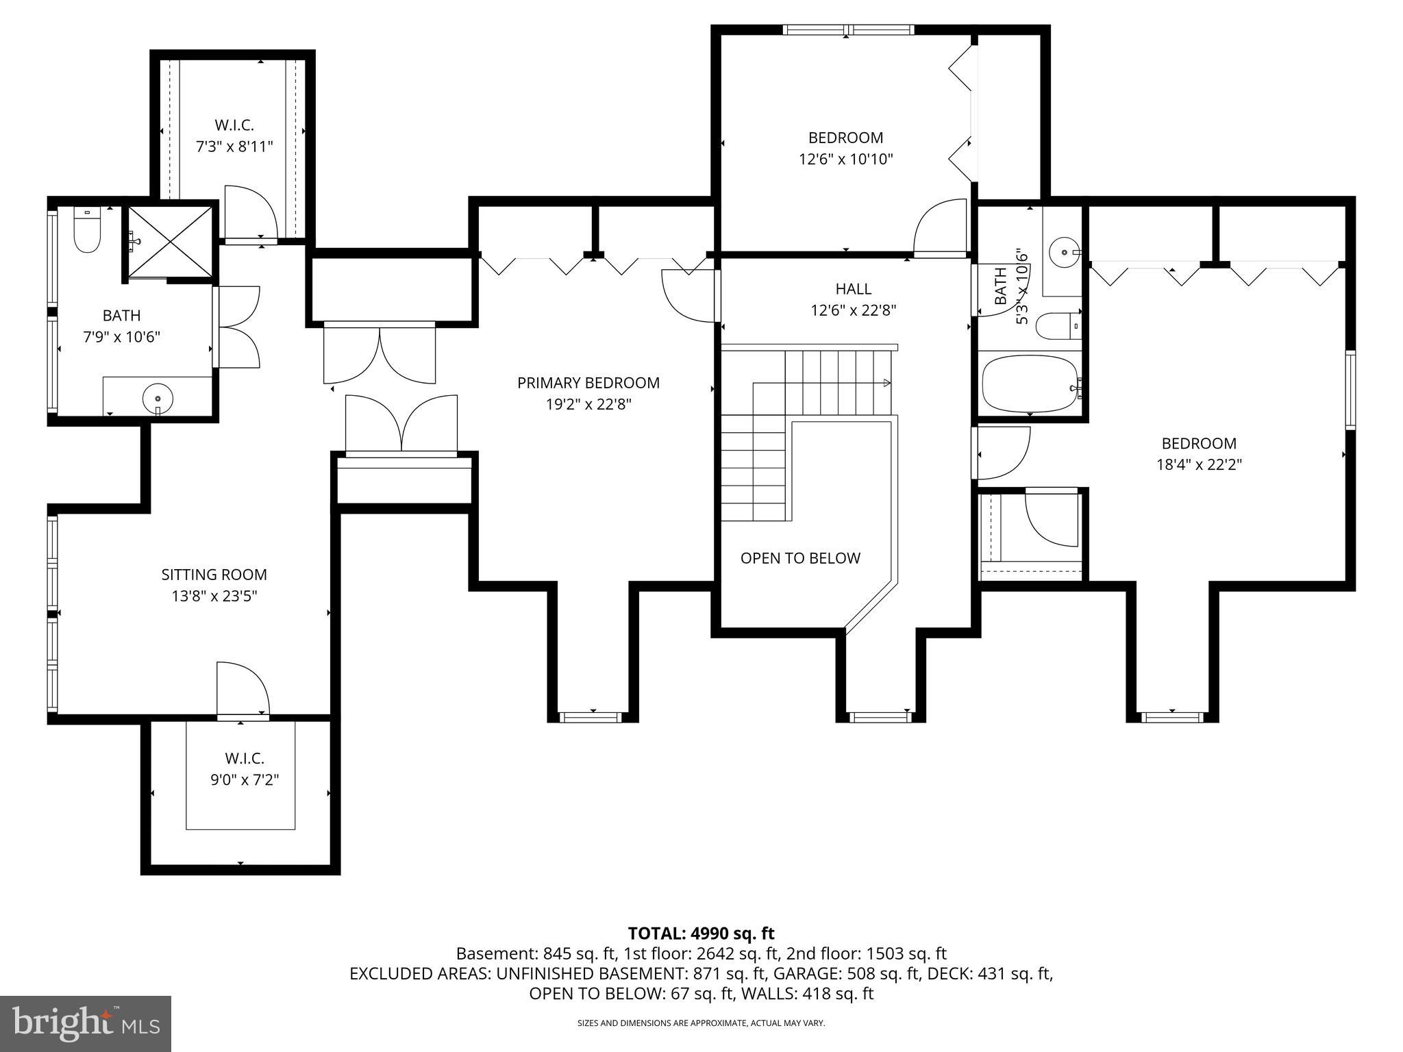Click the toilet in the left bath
[87, 233]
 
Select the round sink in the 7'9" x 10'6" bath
[158, 397]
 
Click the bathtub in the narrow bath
[1029, 384]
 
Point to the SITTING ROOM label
[214, 575]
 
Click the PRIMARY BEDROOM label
[588, 383]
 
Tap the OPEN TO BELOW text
[800, 558]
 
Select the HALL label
[853, 289]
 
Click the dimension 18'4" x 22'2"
[1199, 465]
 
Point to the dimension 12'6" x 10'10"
[845, 160]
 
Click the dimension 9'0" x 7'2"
[245, 779]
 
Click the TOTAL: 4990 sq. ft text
[701, 933]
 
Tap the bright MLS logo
[86, 1023]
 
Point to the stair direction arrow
[886, 383]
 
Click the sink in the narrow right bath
[1063, 253]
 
